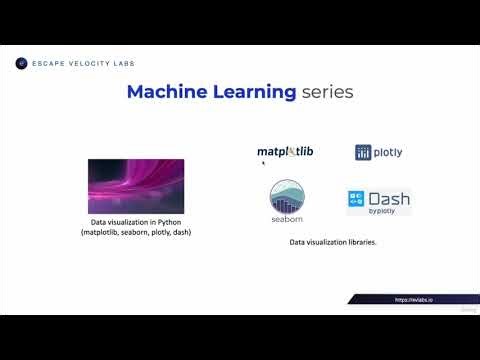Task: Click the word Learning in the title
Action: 249,93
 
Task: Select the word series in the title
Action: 327,93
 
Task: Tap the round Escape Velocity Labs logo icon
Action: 21,63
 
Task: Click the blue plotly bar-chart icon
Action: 364,153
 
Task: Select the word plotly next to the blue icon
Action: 389,153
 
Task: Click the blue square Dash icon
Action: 357,199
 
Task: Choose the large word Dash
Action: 389,198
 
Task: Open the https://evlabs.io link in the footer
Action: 417,298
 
